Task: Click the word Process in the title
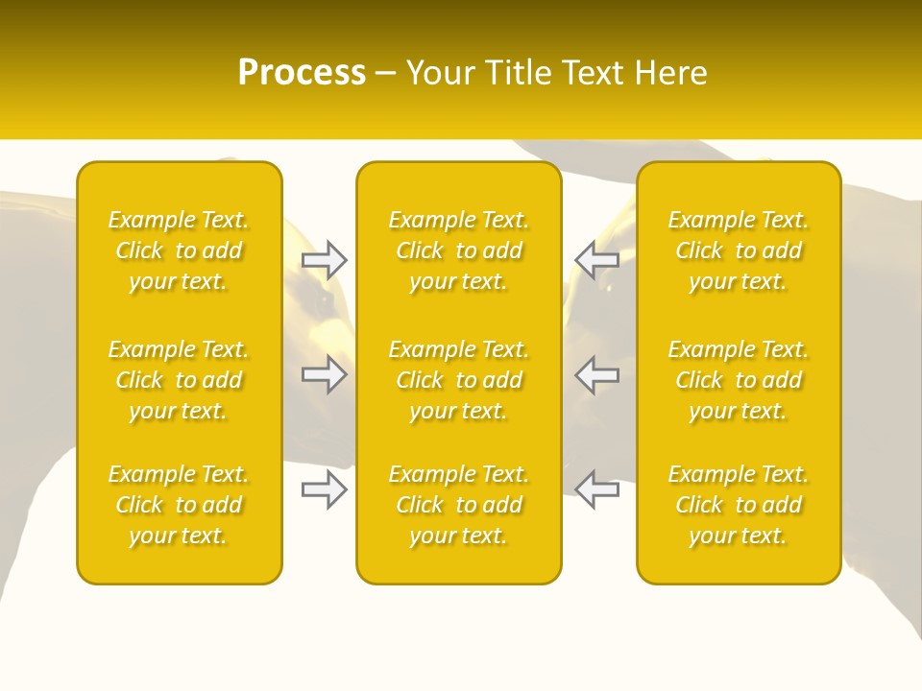[302, 73]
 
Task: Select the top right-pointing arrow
[325, 259]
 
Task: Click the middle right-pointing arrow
[325, 374]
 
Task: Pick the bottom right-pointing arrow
[325, 488]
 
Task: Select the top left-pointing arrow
[597, 259]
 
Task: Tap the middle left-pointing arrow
[597, 374]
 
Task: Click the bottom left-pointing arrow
[597, 488]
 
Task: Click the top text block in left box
[179, 250]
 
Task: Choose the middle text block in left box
[179, 380]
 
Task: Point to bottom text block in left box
[179, 505]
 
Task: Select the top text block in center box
[459, 250]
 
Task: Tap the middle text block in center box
[459, 380]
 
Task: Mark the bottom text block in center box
[459, 505]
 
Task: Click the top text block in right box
[739, 250]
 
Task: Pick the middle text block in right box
[739, 380]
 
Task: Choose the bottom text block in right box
[739, 505]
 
